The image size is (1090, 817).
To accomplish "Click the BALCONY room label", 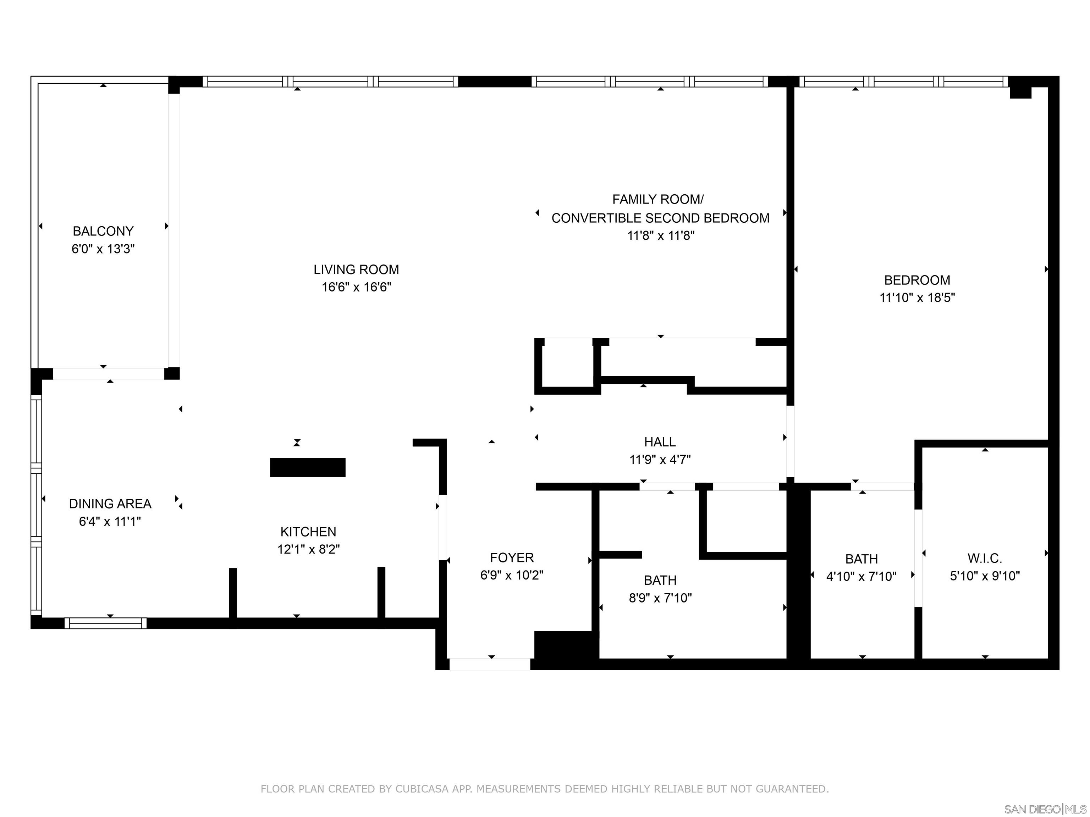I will click(x=103, y=231).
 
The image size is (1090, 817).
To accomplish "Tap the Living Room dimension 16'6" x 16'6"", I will click(x=356, y=287).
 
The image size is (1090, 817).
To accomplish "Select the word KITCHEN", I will click(x=308, y=532).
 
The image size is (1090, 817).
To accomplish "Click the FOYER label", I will click(x=512, y=557).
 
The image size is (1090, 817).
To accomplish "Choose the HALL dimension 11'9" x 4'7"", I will click(x=660, y=460).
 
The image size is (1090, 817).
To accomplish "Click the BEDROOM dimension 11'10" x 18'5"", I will click(x=917, y=298).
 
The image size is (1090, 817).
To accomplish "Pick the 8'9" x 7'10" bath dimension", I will click(x=660, y=598).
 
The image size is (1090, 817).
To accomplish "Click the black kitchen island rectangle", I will click(x=308, y=467).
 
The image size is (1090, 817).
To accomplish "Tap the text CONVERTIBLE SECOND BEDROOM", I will click(x=660, y=218).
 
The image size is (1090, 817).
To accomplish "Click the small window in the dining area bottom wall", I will click(x=105, y=623).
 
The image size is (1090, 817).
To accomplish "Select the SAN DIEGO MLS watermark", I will click(x=1045, y=809).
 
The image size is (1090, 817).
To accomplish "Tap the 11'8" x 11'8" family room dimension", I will click(x=660, y=235).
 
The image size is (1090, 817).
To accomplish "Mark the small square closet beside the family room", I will click(x=568, y=366).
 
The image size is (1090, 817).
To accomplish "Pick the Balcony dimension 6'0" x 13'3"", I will click(x=103, y=249).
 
